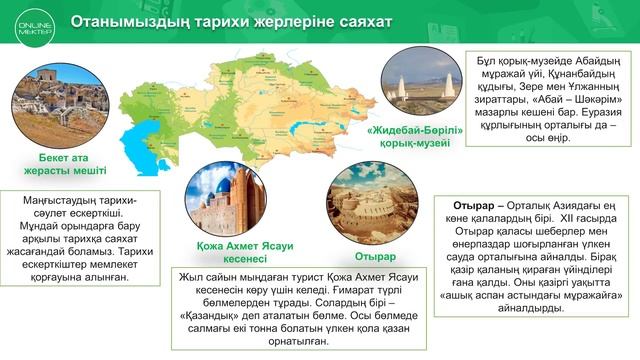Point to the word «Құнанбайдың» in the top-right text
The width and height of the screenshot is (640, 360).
pos(582,60)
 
